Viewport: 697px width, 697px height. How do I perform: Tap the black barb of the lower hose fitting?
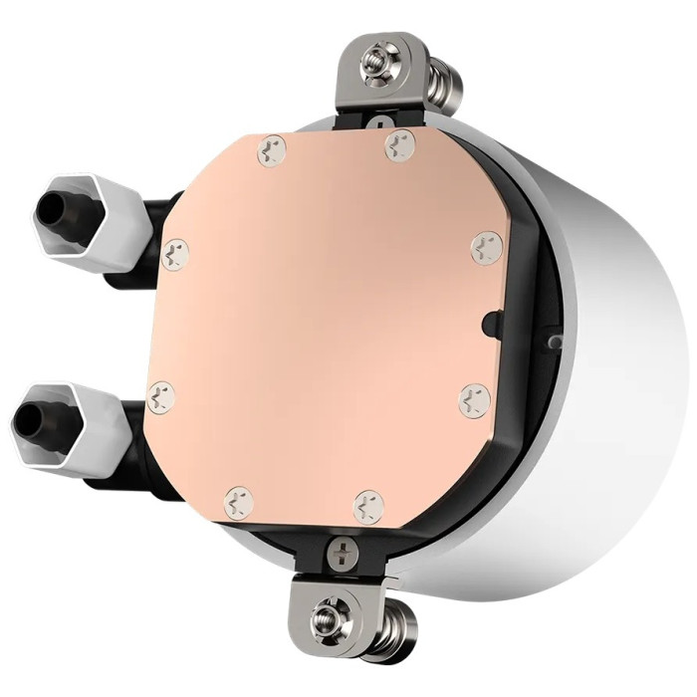[x=38, y=412]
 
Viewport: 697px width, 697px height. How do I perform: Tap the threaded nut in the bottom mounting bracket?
[x=329, y=621]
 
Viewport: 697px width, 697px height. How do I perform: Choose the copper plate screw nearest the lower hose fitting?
[x=160, y=395]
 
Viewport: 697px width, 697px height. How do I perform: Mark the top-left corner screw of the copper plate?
[x=270, y=151]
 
